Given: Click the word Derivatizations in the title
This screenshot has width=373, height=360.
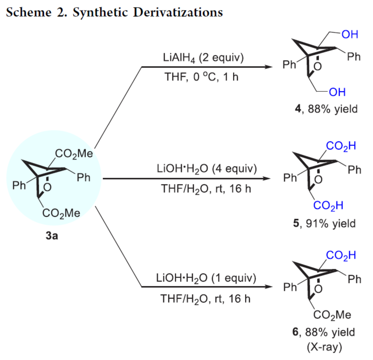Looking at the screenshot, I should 178,12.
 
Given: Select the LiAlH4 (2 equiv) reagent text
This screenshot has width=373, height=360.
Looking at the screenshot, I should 203,58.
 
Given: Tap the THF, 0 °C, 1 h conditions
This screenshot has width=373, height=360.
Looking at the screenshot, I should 201,77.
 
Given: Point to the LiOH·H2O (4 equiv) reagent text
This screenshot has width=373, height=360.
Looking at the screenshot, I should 207,169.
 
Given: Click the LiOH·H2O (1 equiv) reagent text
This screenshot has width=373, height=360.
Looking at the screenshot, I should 206,278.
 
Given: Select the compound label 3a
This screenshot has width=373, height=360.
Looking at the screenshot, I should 52,235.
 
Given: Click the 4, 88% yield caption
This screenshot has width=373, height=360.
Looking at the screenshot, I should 326,109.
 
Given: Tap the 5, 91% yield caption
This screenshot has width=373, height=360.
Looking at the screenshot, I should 324,224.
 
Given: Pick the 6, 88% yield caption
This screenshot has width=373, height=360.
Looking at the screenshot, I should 324,332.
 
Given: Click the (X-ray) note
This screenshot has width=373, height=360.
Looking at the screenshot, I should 324,347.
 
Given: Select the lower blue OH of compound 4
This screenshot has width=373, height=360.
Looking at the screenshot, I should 337,92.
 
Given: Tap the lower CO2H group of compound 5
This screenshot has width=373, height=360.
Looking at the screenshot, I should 328,205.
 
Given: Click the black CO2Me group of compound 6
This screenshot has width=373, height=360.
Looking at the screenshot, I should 332,315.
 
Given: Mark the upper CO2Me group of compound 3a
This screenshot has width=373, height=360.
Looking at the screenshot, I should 74,153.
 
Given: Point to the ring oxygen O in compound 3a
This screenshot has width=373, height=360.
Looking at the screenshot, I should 47,187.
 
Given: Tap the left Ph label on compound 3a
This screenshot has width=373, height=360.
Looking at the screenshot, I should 19,185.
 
